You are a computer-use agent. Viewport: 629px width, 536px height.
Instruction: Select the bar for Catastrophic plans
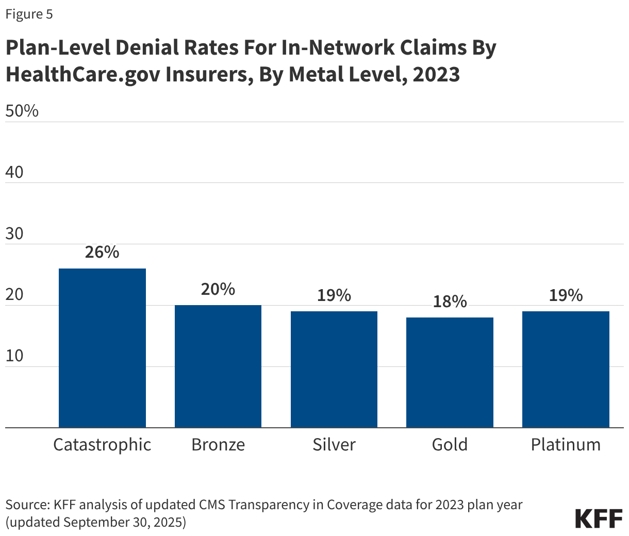click(x=102, y=348)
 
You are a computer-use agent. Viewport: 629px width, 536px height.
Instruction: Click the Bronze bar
click(x=218, y=366)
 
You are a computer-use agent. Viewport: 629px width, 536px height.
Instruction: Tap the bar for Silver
click(x=334, y=369)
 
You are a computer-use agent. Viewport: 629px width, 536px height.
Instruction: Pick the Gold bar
click(x=450, y=372)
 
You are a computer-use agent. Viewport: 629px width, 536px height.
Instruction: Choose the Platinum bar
click(x=566, y=369)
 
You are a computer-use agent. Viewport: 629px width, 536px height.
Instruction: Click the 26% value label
click(x=102, y=252)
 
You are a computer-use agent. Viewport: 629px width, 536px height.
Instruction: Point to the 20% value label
click(x=218, y=289)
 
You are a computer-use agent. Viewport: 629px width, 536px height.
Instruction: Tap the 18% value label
click(x=450, y=301)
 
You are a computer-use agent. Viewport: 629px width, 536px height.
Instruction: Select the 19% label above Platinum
click(x=566, y=295)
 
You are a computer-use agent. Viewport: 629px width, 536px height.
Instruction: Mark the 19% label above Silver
click(x=334, y=295)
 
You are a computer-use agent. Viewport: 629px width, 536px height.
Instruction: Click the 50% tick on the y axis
click(x=22, y=111)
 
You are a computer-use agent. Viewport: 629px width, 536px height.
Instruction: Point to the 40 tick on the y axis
click(x=14, y=172)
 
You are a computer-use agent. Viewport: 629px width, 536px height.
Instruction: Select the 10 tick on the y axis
click(x=14, y=356)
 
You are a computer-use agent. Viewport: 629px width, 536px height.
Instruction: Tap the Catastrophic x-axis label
click(x=102, y=445)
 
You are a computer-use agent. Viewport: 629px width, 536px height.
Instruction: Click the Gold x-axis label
click(x=450, y=445)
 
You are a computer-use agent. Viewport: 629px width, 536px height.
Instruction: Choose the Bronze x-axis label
click(x=218, y=445)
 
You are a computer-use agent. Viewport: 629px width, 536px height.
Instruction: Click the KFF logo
click(x=599, y=518)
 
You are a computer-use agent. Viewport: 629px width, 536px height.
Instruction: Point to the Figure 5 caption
click(x=29, y=14)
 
